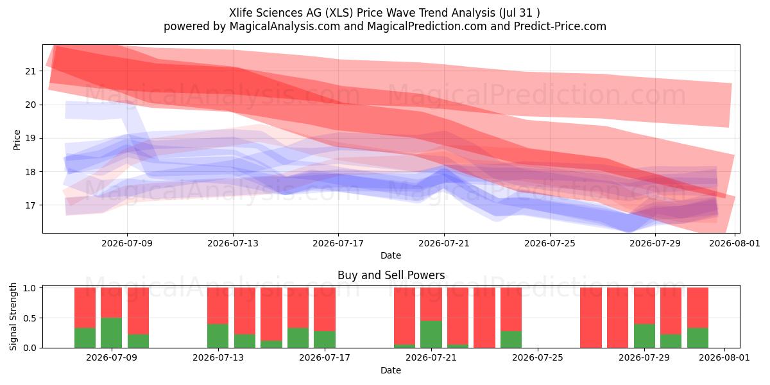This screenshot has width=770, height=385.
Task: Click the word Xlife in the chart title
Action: click(242, 13)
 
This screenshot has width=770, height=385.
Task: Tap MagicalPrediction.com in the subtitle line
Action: click(427, 26)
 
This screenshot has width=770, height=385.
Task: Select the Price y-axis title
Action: click(17, 140)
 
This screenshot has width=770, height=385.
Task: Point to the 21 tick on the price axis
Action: click(30, 71)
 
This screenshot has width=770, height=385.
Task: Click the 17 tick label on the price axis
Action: click(30, 205)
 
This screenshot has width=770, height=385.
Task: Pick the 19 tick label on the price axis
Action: click(30, 139)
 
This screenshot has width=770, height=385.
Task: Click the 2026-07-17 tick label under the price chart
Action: click(338, 243)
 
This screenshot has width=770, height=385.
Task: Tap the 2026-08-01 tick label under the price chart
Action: click(734, 243)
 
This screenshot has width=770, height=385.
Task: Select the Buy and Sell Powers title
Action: click(391, 275)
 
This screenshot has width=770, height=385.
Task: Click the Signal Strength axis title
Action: click(13, 316)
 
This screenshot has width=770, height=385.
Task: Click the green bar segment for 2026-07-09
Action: click(112, 333)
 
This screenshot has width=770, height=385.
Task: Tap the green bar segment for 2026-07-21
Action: click(431, 334)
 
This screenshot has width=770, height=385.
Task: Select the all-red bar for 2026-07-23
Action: click(484, 318)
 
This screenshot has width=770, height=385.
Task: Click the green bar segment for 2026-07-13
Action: click(218, 336)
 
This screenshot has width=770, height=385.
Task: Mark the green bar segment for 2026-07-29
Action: click(644, 336)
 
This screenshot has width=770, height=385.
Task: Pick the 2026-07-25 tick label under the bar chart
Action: click(538, 358)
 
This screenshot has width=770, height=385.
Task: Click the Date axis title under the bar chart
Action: click(391, 371)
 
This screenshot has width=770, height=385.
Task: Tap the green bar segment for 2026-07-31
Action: click(698, 338)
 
